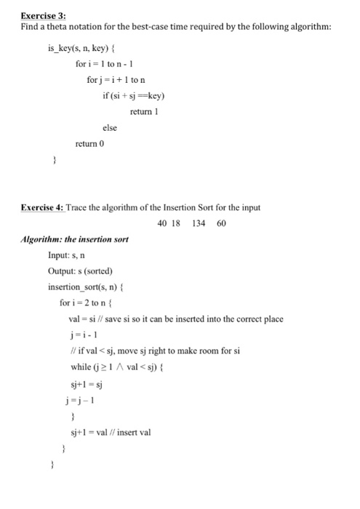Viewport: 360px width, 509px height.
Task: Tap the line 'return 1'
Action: click(144, 111)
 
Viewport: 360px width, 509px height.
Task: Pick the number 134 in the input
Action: click(199, 223)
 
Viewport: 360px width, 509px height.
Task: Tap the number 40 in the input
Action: click(162, 223)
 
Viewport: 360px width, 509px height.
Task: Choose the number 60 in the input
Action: click(220, 223)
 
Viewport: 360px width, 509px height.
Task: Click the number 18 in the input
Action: click(176, 223)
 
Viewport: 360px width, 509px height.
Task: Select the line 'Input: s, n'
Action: click(68, 254)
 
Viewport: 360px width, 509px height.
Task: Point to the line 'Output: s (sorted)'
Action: click(80, 270)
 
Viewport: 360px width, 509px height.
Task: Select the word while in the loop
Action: click(79, 366)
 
